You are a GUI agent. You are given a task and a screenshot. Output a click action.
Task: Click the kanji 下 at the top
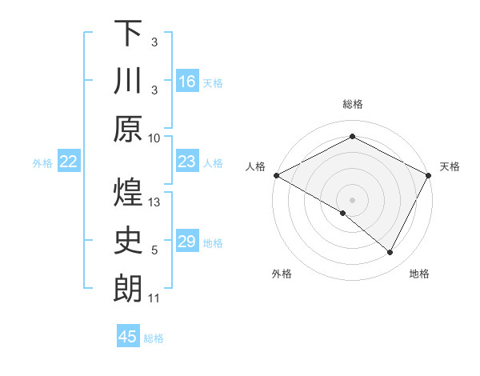point(128,33)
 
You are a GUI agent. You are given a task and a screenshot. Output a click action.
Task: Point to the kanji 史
point(128,241)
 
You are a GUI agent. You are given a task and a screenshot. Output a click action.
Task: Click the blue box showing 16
point(187,81)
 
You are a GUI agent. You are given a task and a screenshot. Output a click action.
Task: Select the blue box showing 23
point(187,162)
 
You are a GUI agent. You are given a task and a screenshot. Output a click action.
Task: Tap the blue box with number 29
point(187,241)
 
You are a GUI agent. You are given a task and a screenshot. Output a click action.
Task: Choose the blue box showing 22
point(69,162)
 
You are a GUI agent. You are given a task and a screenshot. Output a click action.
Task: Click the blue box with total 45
point(128,337)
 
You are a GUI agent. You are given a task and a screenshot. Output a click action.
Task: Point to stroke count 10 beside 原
point(154,138)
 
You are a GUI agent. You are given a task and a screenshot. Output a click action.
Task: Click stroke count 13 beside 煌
point(154,203)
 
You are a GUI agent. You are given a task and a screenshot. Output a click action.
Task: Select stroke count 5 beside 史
point(154,250)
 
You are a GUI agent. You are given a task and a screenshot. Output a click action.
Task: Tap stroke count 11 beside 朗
point(154,298)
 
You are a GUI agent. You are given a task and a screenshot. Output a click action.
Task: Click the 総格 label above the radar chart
point(353,104)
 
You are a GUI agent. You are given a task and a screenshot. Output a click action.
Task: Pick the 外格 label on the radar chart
point(282,274)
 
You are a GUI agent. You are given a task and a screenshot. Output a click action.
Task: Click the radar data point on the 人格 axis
point(276,175)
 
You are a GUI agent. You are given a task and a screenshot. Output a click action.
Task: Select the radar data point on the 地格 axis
point(390,253)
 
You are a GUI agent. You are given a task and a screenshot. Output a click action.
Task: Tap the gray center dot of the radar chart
point(352,199)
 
